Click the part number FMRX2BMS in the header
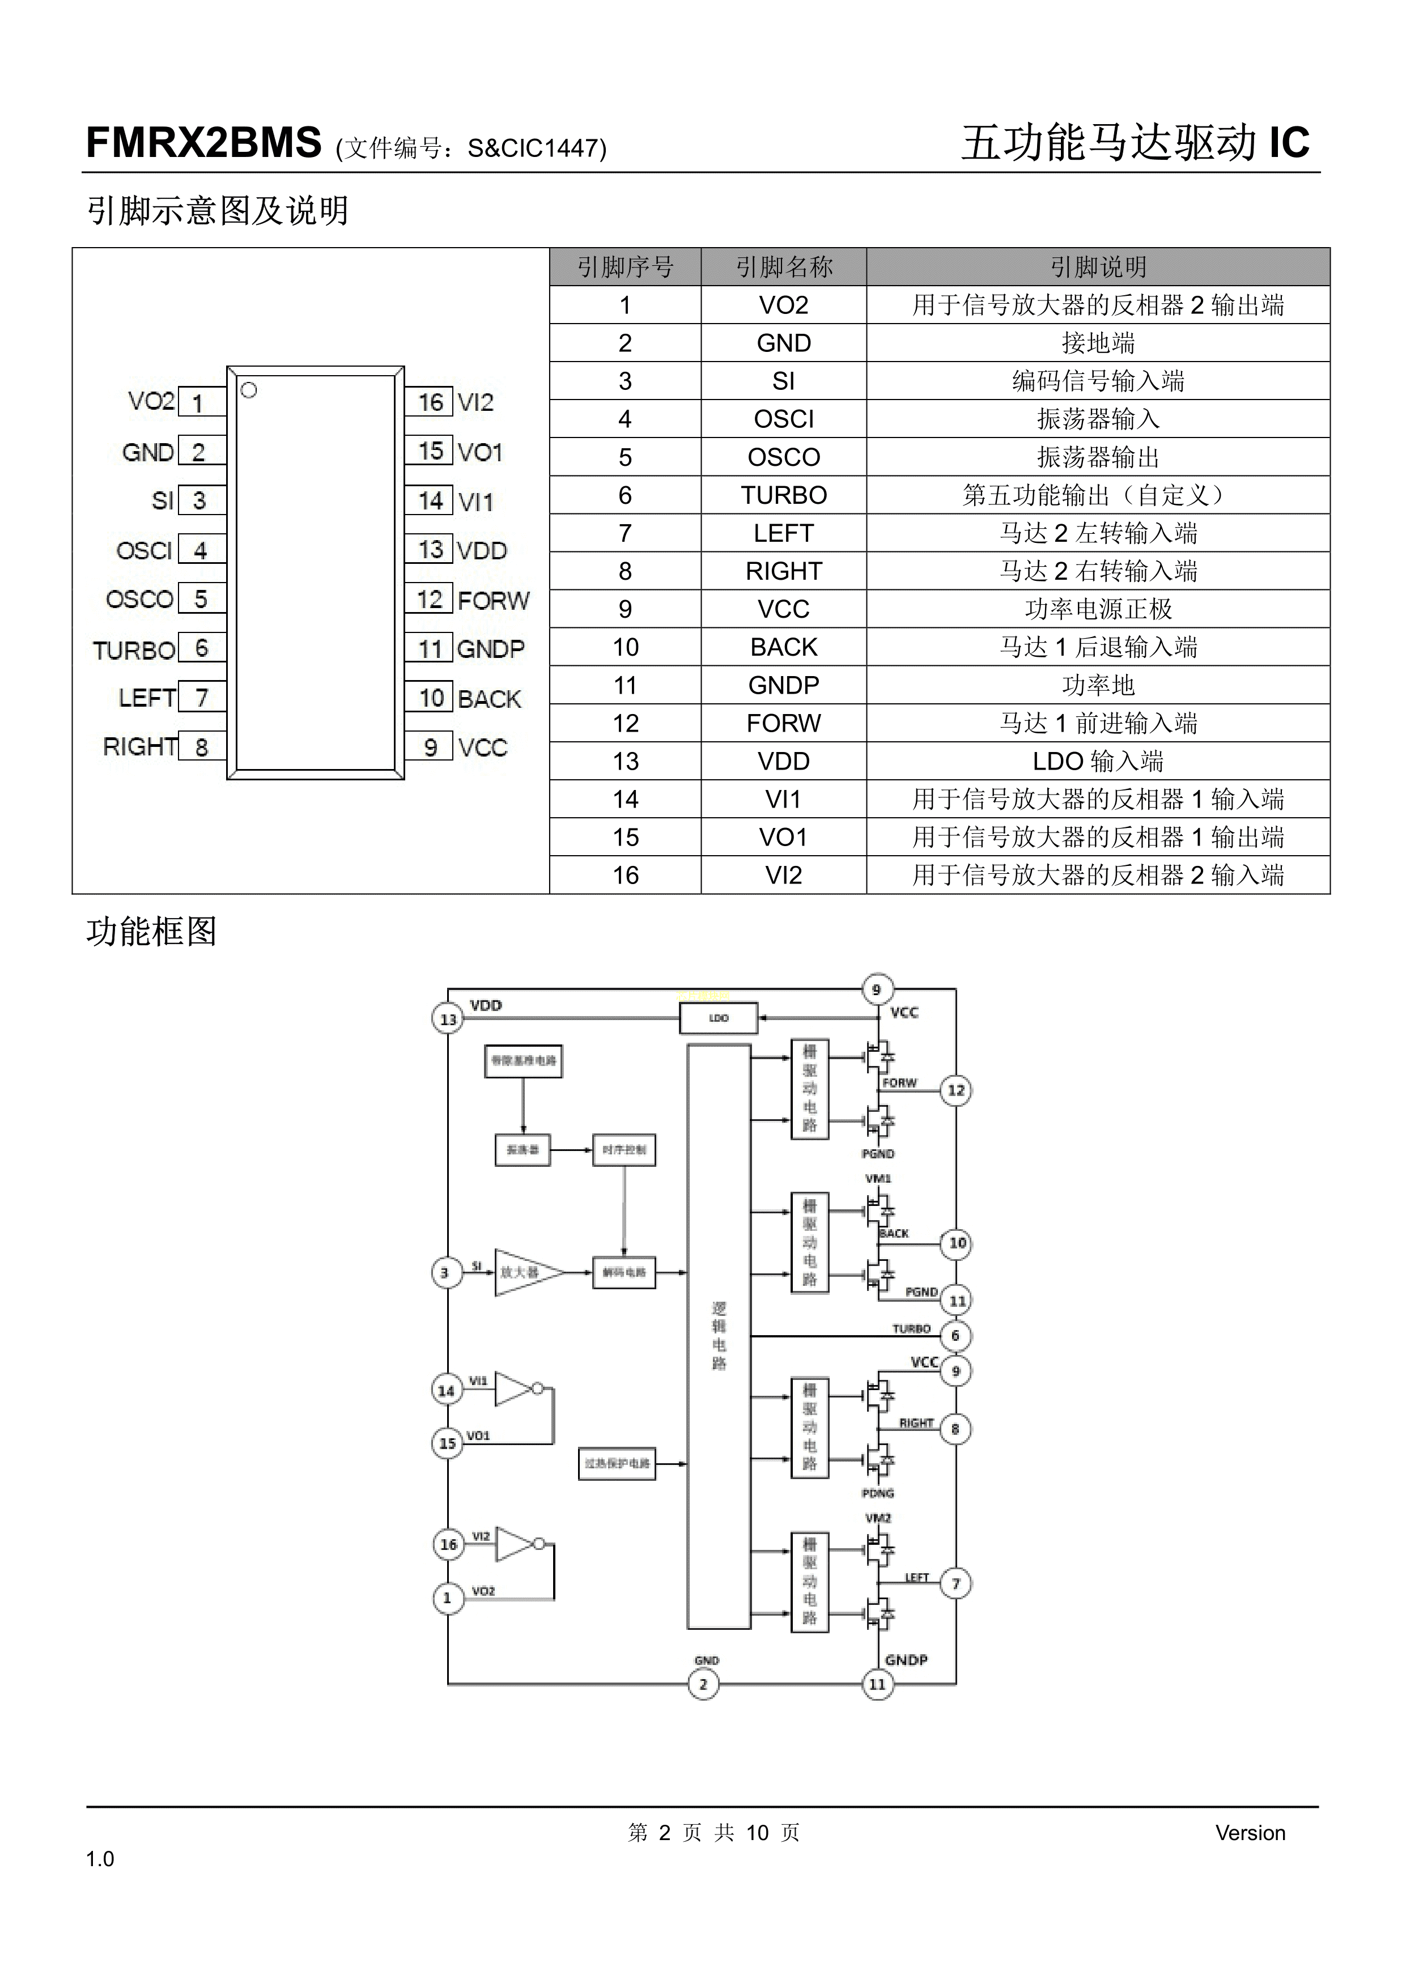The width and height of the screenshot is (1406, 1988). [x=203, y=143]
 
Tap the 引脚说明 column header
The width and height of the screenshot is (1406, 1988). [x=1097, y=267]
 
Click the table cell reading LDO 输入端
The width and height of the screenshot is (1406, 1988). [x=1097, y=761]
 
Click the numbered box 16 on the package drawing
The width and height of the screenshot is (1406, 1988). [x=430, y=402]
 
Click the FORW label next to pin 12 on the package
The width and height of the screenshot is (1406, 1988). [x=492, y=600]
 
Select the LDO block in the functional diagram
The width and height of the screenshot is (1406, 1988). [x=719, y=1018]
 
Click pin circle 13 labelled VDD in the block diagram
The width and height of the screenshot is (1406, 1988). [x=448, y=1019]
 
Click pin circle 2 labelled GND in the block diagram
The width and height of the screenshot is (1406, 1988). [x=703, y=1684]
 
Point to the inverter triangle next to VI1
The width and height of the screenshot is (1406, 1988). [x=513, y=1389]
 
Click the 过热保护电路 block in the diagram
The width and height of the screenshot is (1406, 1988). [x=617, y=1463]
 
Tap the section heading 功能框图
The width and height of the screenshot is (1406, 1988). [x=151, y=932]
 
